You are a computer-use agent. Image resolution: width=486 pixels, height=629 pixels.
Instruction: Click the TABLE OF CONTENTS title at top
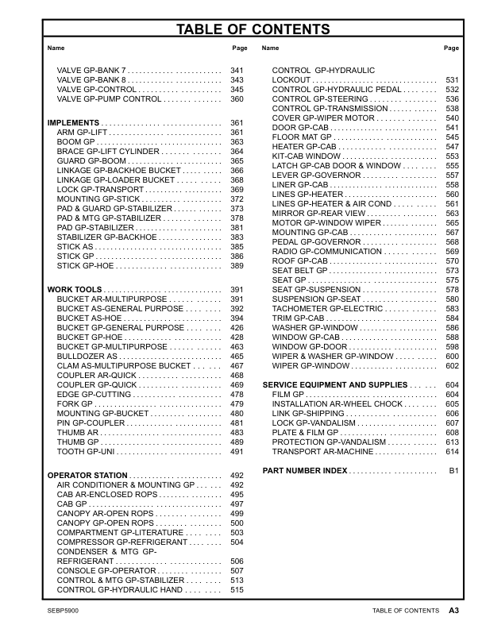point(242,30)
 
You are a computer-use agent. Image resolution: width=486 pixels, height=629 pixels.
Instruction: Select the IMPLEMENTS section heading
point(73,123)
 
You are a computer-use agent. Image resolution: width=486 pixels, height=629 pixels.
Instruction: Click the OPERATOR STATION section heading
point(87,475)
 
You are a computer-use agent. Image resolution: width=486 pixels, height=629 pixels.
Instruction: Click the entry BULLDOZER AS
point(87,357)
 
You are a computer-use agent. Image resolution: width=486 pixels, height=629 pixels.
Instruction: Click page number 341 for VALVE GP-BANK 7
point(237,71)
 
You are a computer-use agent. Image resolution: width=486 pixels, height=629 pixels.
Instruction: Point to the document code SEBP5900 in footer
point(63,611)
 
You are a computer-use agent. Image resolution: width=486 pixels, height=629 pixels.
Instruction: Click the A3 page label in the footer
point(454,611)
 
